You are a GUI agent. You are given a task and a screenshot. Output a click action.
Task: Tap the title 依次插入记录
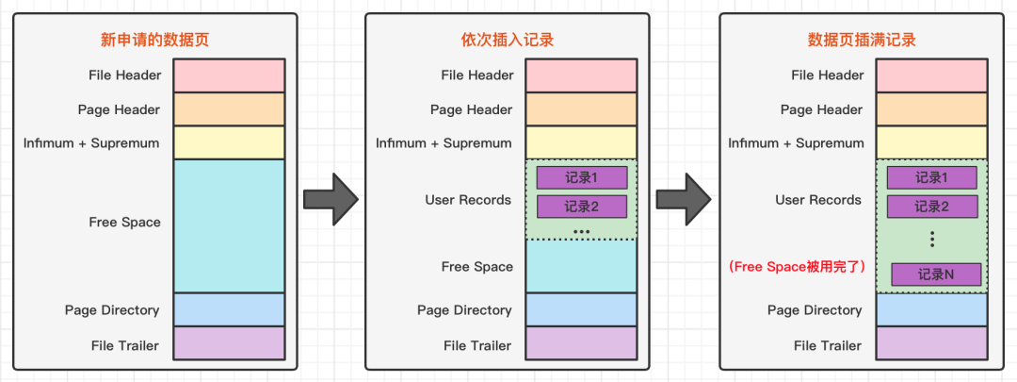501,40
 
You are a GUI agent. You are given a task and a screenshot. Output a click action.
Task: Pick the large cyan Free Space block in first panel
229,225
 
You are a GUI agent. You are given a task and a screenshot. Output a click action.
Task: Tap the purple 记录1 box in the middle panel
581,177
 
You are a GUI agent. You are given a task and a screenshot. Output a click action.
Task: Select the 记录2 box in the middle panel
581,207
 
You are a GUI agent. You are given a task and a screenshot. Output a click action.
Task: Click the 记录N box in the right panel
936,274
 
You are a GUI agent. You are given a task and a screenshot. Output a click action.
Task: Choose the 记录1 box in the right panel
931,177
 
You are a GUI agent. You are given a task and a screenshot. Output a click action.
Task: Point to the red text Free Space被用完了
797,267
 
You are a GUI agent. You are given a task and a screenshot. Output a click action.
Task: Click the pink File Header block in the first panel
229,75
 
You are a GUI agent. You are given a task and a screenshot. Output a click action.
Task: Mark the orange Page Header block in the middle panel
581,109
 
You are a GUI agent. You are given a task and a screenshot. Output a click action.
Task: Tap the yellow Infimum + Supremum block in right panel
931,142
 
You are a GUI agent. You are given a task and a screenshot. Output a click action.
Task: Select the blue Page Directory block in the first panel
229,309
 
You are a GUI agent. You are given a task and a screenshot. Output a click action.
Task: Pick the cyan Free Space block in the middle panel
581,266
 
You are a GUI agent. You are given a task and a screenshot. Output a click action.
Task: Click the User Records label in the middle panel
468,200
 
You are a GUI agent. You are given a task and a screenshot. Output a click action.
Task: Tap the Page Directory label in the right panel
815,310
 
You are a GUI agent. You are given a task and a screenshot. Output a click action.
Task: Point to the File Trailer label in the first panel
126,345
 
